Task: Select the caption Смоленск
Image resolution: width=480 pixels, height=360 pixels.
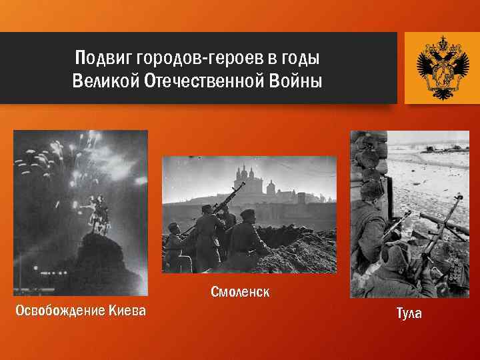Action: coord(240,292)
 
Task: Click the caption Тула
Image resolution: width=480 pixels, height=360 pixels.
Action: coord(409,313)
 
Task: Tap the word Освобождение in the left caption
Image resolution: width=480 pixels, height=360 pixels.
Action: coord(57,311)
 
